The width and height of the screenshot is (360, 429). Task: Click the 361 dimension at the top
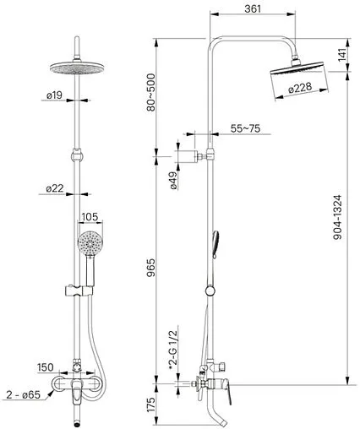(x=253, y=8)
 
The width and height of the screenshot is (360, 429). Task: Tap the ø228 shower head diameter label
(x=301, y=88)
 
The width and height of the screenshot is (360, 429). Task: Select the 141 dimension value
(x=341, y=55)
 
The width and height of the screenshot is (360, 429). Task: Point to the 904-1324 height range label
(x=337, y=217)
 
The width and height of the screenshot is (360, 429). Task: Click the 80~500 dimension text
(x=150, y=92)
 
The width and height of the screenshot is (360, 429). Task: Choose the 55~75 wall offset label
(x=245, y=128)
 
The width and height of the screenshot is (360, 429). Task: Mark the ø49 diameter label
(x=173, y=180)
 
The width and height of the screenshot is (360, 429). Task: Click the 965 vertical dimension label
(x=150, y=268)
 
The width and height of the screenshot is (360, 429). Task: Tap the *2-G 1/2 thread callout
(x=173, y=350)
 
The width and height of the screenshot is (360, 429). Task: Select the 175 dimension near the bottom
(x=150, y=405)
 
